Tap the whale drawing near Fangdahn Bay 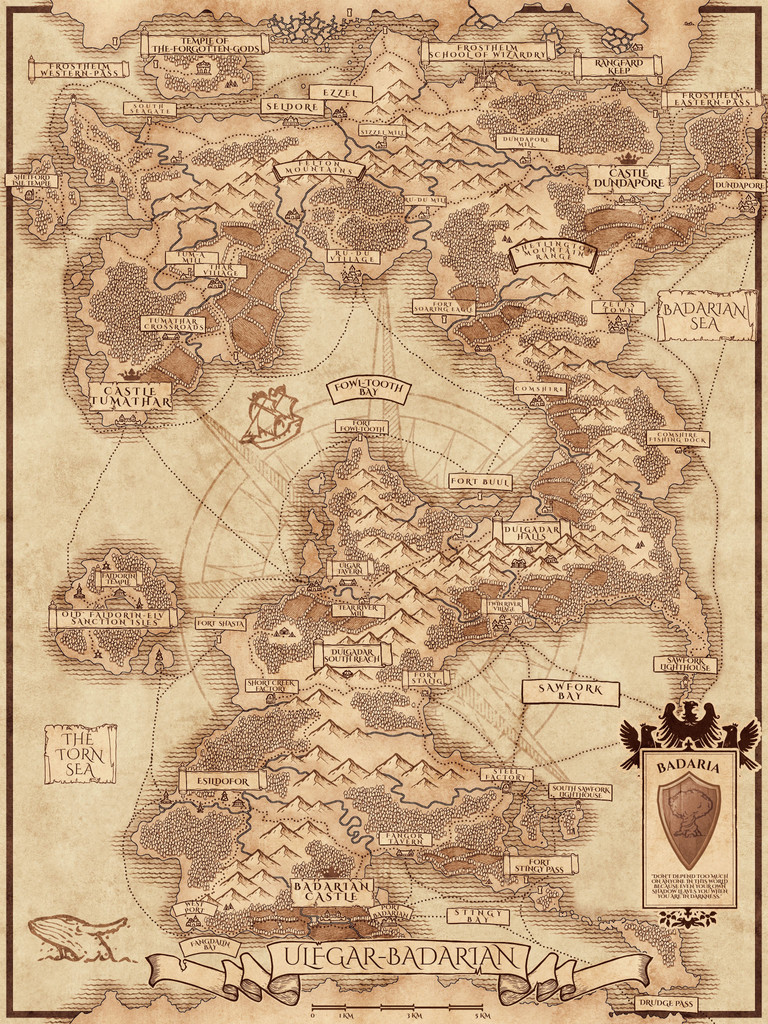click(x=76, y=936)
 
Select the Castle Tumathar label click(x=130, y=396)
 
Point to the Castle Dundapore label click(x=628, y=178)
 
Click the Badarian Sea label click(x=706, y=317)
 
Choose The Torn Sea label click(x=80, y=753)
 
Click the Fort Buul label click(x=480, y=482)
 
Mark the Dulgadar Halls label click(x=530, y=530)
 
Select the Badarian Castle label click(x=332, y=891)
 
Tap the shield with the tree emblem click(x=689, y=818)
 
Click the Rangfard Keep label click(x=617, y=65)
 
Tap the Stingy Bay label click(x=477, y=915)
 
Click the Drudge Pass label click(x=665, y=1003)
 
